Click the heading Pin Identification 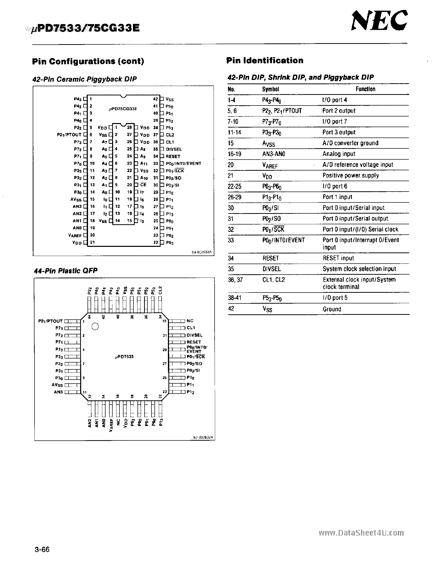click(265, 61)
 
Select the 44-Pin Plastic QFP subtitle click(66, 271)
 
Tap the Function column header click(365, 89)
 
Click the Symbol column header click(271, 89)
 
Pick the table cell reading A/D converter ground click(350, 143)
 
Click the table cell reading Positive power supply click(351, 176)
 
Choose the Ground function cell click(332, 309)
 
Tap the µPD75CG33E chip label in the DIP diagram click(123, 109)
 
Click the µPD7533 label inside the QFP click(124, 357)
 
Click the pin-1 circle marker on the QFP click(95, 327)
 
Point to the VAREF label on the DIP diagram click(75, 235)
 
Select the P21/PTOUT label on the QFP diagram click(50, 321)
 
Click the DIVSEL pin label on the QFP click(194, 335)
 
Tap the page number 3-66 click(42, 549)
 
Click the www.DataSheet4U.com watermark click(361, 533)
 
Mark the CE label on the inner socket click(143, 185)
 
